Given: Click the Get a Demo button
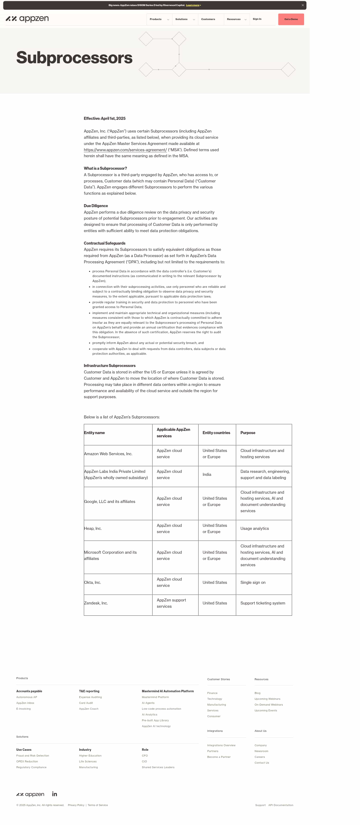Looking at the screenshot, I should (x=291, y=19).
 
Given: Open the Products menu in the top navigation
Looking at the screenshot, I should (x=159, y=19).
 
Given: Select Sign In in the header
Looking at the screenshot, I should (x=257, y=19).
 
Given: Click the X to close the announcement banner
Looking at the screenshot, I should (x=302, y=5).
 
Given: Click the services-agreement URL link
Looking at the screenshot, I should (x=125, y=150).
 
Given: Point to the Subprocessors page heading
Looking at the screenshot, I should (x=74, y=58).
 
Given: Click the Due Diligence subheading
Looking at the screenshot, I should (x=96, y=206).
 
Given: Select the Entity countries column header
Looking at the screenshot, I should (x=216, y=433).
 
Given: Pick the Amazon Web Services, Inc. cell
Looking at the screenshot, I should (x=108, y=454).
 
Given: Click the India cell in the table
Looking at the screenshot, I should (x=207, y=474).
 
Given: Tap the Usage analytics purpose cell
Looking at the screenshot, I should (x=254, y=528).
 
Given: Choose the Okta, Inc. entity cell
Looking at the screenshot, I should (x=92, y=582).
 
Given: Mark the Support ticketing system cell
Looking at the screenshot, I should (x=263, y=603).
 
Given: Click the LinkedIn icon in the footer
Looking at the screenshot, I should (x=54, y=794).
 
